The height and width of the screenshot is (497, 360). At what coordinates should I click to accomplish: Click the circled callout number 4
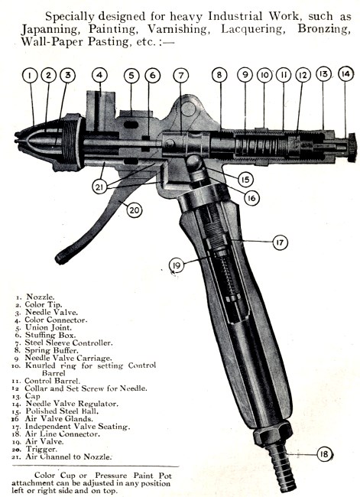coord(99,75)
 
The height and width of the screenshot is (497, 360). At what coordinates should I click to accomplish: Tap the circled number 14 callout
coord(345,74)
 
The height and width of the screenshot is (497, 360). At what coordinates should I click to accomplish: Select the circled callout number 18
coord(324,454)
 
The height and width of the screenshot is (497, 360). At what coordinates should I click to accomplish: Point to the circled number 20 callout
coord(135,210)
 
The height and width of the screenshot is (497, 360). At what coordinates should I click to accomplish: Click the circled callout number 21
coord(100,187)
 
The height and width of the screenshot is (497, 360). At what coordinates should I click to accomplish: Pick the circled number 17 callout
coord(281,242)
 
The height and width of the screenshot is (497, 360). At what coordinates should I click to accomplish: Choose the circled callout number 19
coord(177,265)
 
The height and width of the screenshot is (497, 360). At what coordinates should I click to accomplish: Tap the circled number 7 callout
coord(181,76)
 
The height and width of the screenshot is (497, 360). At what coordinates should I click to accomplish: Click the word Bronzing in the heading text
coord(324,28)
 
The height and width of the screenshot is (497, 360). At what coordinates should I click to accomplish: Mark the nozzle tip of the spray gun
coord(16,139)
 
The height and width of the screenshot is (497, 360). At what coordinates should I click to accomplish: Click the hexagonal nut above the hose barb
coord(273,433)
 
